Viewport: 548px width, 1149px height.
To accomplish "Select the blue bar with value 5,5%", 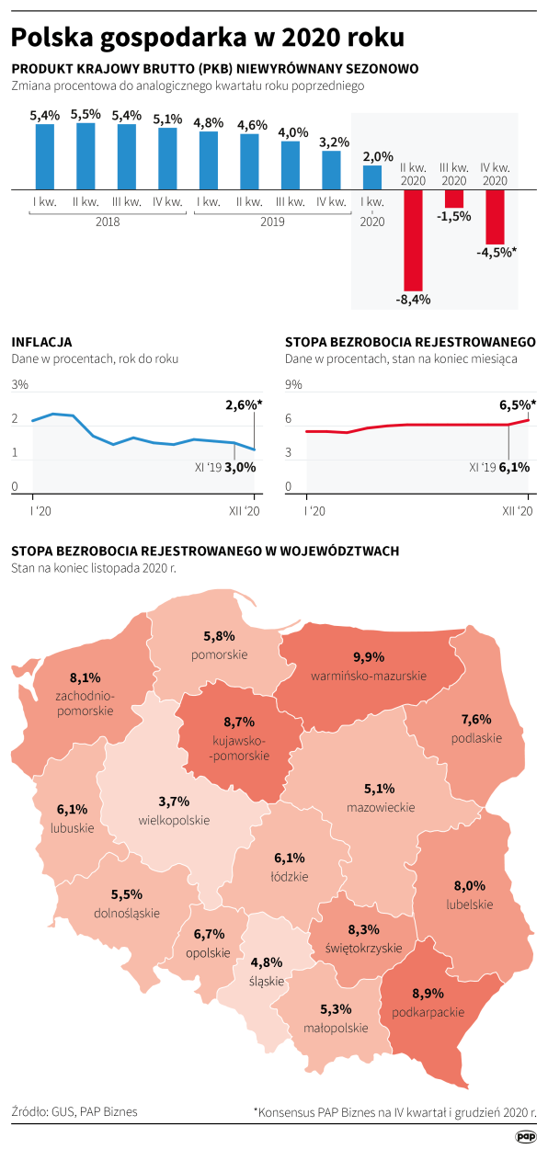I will pyautogui.click(x=86, y=155).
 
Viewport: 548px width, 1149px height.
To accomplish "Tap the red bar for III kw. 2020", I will pyautogui.click(x=454, y=199).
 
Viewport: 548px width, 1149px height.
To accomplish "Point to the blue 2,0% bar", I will pyautogui.click(x=372, y=177).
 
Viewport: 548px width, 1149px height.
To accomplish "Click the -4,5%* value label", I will pyautogui.click(x=497, y=253).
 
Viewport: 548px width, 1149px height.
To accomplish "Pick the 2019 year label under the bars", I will pyautogui.click(x=271, y=222).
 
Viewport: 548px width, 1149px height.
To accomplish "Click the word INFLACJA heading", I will pyautogui.click(x=41, y=342).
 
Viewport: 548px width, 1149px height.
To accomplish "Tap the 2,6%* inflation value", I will pyautogui.click(x=244, y=404).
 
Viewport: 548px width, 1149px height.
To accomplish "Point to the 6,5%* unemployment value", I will pyautogui.click(x=518, y=404).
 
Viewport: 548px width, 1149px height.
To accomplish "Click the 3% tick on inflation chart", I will pyautogui.click(x=20, y=385).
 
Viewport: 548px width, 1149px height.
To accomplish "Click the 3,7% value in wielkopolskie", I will pyautogui.click(x=175, y=802).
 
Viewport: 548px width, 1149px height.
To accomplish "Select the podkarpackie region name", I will pyautogui.click(x=427, y=1013).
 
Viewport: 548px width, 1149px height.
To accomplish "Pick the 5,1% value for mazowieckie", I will pyautogui.click(x=380, y=789).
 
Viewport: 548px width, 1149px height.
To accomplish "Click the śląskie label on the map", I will pyautogui.click(x=267, y=980).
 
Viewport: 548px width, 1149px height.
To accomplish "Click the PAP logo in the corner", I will pyautogui.click(x=525, y=1136).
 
